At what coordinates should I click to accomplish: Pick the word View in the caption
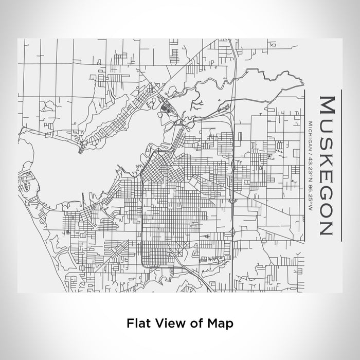[x=166, y=323]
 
